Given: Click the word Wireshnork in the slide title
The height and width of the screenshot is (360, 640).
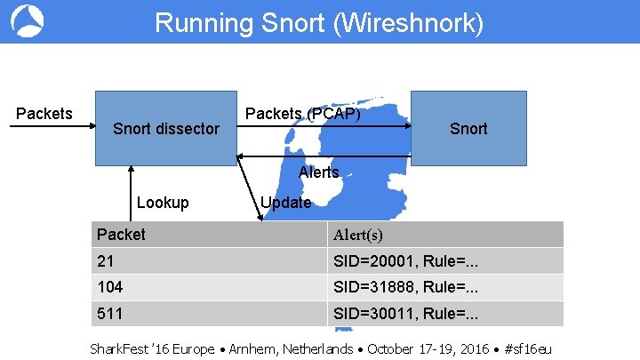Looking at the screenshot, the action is click(x=410, y=22).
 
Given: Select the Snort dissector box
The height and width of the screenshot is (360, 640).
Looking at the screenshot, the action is click(x=166, y=128).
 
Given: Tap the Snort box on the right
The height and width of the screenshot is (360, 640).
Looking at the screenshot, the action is click(x=468, y=128).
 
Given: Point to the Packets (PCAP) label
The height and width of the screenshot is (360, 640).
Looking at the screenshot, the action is click(x=302, y=113).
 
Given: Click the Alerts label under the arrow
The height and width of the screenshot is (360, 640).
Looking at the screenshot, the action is click(x=319, y=172).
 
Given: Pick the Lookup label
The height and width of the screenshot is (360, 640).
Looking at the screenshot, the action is click(x=163, y=203).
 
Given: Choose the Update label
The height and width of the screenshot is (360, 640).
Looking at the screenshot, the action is click(x=285, y=203).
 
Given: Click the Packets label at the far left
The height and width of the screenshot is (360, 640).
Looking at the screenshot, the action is click(x=44, y=113).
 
